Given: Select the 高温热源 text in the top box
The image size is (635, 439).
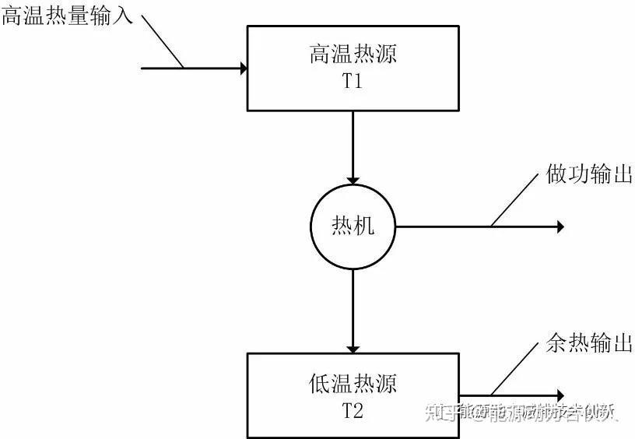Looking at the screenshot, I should coord(353,55).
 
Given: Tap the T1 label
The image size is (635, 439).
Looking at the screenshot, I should coord(353,81).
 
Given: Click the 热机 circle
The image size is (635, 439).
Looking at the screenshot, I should coord(353,227).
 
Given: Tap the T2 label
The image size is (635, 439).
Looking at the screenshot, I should coord(353,410).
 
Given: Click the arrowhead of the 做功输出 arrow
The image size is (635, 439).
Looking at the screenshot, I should coord(558,227).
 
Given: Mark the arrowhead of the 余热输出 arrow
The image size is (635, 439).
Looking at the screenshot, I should coord(558,396).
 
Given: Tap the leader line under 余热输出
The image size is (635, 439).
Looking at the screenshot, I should coord(514,369).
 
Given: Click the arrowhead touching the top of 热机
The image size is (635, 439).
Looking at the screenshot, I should coord(353,178).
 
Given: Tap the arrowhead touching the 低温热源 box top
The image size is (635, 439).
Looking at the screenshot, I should coord(353,347).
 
